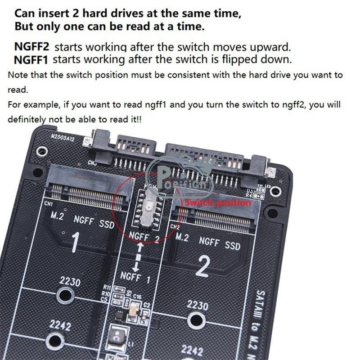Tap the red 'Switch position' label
pyautogui.click(x=218, y=203)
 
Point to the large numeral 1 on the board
pyautogui.click(x=75, y=241)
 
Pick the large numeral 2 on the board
pyautogui.click(x=202, y=266)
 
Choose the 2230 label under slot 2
pyautogui.click(x=198, y=305)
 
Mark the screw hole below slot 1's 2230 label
pyautogui.click(x=66, y=295)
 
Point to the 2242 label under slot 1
pyautogui.click(x=60, y=325)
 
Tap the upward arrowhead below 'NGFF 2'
pyautogui.click(x=140, y=247)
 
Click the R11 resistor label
pyautogui.click(x=107, y=287)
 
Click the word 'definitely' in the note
pyautogui.click(x=26, y=119)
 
